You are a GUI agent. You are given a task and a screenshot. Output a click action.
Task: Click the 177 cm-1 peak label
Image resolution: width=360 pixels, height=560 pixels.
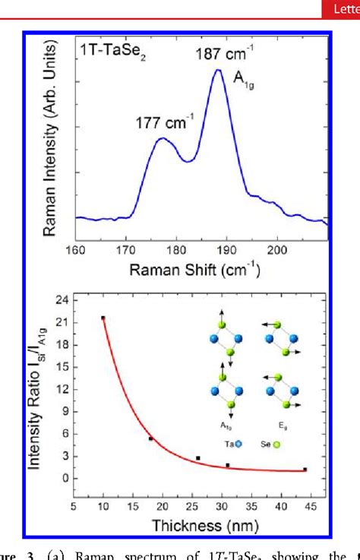pos(160,120)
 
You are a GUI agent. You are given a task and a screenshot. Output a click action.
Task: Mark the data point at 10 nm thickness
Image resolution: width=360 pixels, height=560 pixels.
pos(103,318)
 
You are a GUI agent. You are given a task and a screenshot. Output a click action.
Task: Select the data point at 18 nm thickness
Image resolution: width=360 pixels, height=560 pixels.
pos(150,438)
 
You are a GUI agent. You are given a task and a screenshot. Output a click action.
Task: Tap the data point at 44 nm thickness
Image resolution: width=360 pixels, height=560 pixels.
pos(305,469)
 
